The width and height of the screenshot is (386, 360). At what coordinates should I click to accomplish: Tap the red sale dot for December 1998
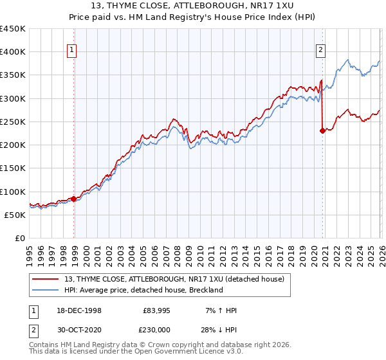(x=74, y=199)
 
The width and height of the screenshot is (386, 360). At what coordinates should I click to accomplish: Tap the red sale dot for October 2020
(x=322, y=130)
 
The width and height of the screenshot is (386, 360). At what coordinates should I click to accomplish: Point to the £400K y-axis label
(x=13, y=52)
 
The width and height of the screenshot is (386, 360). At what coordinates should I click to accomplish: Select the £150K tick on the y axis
(x=13, y=168)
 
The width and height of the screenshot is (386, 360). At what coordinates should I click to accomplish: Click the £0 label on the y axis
(x=19, y=239)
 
